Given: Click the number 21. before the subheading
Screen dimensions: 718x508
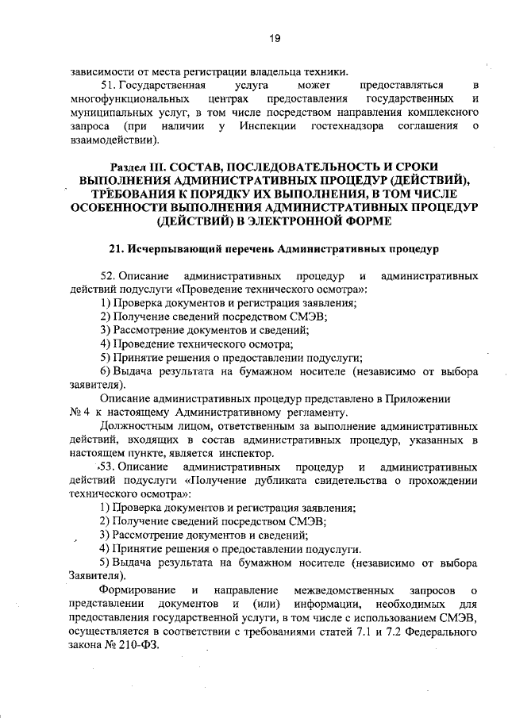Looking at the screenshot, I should [x=117, y=250].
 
